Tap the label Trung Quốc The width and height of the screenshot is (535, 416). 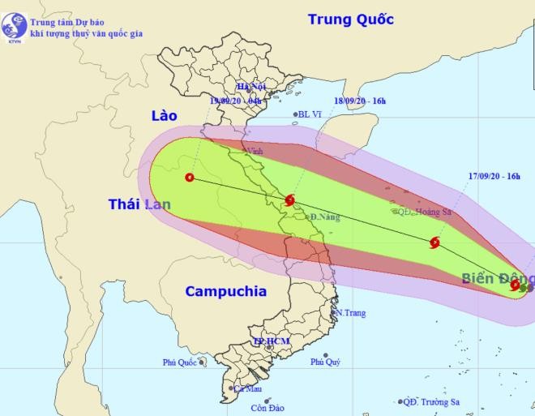click(350, 19)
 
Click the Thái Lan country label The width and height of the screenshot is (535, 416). click(139, 204)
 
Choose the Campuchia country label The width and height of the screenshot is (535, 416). click(225, 291)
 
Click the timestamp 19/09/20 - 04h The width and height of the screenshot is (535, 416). click(239, 101)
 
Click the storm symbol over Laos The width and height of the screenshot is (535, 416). click(190, 178)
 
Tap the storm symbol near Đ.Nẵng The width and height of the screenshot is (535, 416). click(290, 200)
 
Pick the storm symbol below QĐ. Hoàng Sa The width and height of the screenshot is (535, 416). click(434, 242)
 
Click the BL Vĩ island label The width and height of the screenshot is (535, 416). click(310, 114)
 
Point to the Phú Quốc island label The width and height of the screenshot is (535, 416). click(179, 362)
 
